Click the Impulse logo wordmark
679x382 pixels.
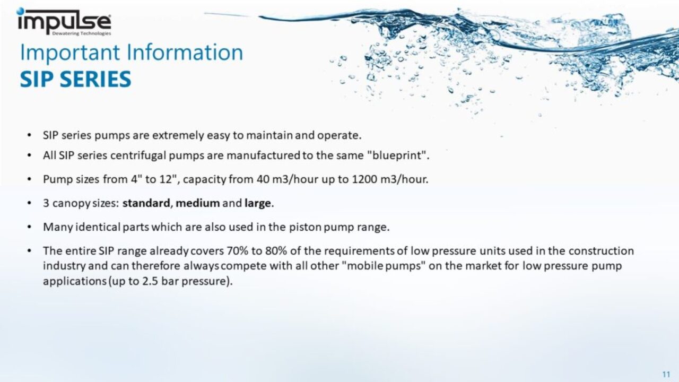pyautogui.click(x=64, y=21)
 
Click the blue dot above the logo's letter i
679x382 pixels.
pyautogui.click(x=21, y=11)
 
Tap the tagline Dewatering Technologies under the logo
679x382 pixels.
pyautogui.click(x=82, y=33)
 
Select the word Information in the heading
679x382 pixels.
pyautogui.click(x=185, y=52)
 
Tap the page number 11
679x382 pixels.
pyautogui.click(x=666, y=375)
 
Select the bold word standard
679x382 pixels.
pyautogui.click(x=146, y=203)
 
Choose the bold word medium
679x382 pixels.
pyautogui.click(x=198, y=203)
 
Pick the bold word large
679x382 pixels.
pyautogui.click(x=258, y=203)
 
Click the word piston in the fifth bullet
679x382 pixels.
pyautogui.click(x=305, y=227)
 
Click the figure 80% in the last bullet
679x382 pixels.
pyautogui.click(x=276, y=251)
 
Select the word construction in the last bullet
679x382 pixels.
pyautogui.click(x=601, y=251)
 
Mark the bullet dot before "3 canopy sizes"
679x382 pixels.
pyautogui.click(x=29, y=203)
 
